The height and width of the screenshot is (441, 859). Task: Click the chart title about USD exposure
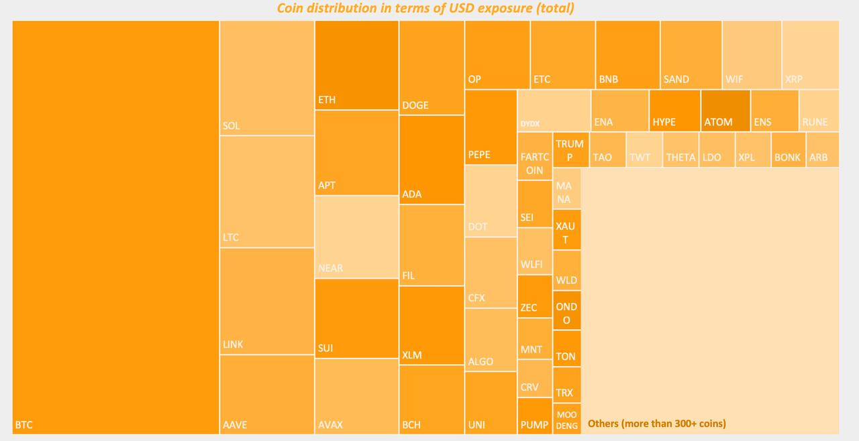coord(425,9)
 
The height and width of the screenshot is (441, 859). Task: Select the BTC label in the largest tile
coord(23,425)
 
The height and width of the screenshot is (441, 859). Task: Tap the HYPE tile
coord(674,111)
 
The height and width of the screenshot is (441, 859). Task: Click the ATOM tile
coord(725,111)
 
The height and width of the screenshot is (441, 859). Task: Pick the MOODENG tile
coord(567,419)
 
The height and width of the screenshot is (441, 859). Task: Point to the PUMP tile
coord(535,416)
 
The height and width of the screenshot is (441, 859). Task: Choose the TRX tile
coord(566,385)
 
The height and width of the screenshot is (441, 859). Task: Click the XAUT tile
coord(566,230)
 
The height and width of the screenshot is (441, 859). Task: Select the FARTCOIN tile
coord(535,156)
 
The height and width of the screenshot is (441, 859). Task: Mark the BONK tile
coord(788,150)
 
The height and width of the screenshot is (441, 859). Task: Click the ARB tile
coord(822,150)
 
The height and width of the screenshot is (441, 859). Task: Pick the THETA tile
coord(680,150)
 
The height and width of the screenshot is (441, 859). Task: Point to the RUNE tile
coord(819,111)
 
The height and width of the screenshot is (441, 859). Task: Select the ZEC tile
coord(535,296)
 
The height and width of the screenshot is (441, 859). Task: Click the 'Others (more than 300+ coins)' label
coord(656,424)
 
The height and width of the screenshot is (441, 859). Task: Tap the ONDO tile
coord(566,310)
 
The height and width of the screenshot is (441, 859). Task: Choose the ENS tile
coord(774,111)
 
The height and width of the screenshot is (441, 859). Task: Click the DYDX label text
coord(530,124)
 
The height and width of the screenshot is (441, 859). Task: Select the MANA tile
coord(566,189)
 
